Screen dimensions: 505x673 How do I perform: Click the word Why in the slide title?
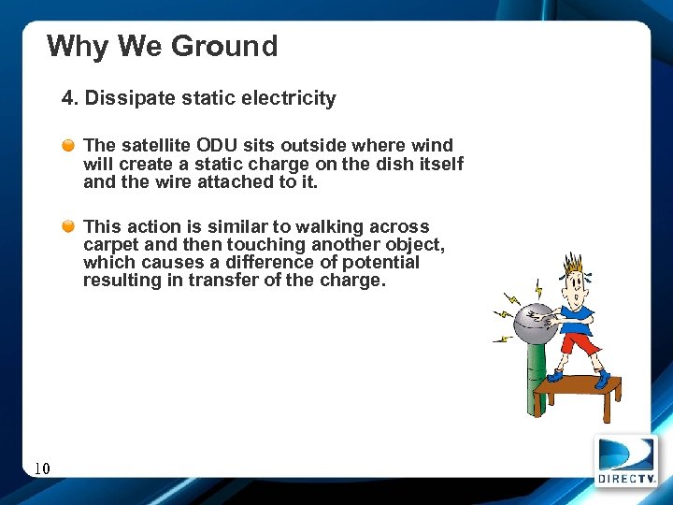tap(78, 46)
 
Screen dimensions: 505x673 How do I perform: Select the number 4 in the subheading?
tap(67, 98)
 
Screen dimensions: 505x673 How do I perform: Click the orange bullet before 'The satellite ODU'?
tap(69, 146)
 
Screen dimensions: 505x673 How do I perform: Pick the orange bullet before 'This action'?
tap(69, 227)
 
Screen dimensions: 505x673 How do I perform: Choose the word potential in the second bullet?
tap(379, 263)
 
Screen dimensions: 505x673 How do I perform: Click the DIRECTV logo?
tap(625, 460)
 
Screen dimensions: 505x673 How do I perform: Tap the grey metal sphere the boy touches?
tap(531, 323)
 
